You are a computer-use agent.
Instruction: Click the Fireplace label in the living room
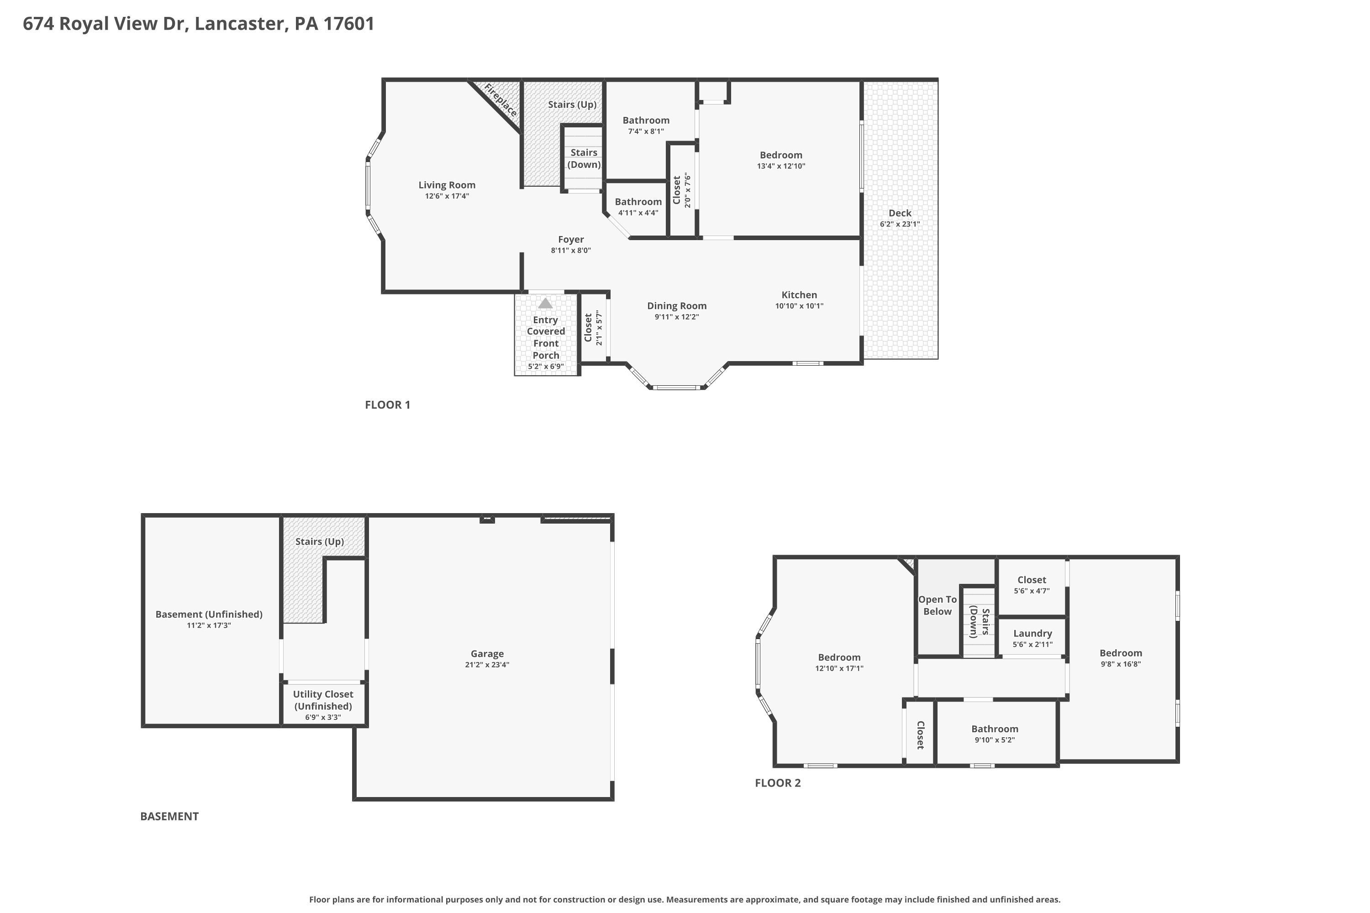coord(501,100)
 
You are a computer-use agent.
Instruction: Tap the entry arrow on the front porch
coord(545,304)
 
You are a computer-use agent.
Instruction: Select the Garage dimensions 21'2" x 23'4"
coord(487,664)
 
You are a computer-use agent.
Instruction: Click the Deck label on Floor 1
coord(900,213)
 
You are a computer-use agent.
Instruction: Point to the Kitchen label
coord(799,294)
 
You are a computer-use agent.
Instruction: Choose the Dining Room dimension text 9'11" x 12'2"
coord(677,317)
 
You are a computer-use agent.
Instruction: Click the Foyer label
coord(571,239)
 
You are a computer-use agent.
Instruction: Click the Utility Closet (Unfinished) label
coord(323,700)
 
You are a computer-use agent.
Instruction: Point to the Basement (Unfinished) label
coord(209,614)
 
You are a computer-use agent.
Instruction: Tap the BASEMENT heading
coord(169,816)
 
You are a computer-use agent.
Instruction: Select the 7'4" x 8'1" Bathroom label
coord(646,121)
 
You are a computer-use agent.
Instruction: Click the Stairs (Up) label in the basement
coord(319,541)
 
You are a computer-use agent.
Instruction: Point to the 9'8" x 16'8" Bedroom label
coord(1121,653)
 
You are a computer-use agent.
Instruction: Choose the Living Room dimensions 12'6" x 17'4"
coord(447,196)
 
